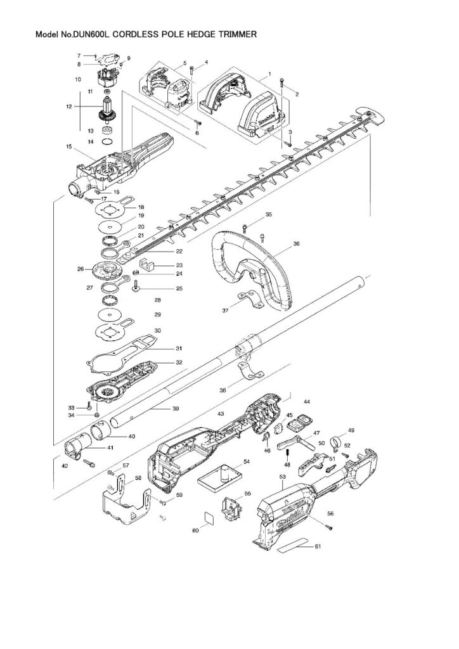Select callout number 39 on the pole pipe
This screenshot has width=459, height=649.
pos(176,409)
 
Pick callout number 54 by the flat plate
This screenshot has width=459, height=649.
pos(246,461)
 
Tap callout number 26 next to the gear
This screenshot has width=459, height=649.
pos(81,269)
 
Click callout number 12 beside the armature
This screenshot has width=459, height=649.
pos(68,106)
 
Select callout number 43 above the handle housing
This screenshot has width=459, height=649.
pos(221,413)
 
